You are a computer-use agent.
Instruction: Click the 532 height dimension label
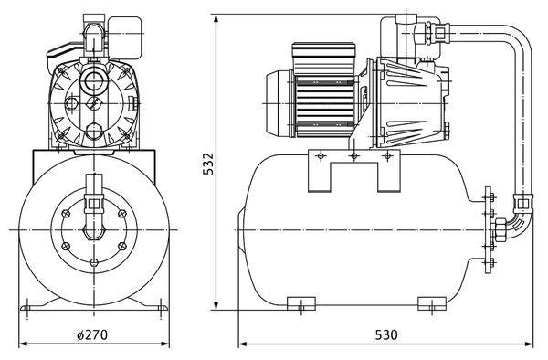[208, 164]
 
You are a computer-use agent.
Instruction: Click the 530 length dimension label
[386, 335]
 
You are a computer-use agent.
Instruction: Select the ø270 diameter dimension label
[92, 334]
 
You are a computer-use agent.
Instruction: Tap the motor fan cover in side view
[278, 104]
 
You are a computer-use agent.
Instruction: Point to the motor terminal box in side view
[323, 58]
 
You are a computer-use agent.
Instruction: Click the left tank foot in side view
[300, 303]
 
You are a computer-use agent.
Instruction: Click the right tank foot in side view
[432, 303]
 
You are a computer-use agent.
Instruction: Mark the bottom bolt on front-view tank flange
[94, 262]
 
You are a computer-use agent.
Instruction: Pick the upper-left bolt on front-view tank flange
[66, 214]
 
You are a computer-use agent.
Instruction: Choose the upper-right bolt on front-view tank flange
[122, 213]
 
